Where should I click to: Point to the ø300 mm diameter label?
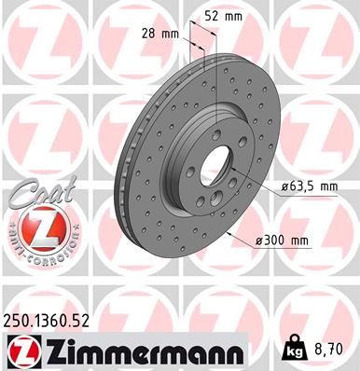282,240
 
